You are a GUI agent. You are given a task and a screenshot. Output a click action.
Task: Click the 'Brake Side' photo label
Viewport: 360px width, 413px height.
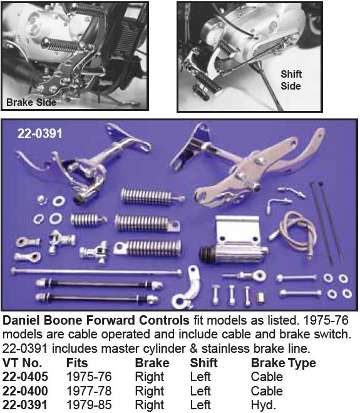[31, 102]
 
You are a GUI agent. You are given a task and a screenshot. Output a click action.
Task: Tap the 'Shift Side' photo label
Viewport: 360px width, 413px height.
[290, 80]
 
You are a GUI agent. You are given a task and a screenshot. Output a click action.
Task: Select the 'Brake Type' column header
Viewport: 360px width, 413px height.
[283, 363]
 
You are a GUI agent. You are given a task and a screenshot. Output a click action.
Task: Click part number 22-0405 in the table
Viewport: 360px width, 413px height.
[26, 377]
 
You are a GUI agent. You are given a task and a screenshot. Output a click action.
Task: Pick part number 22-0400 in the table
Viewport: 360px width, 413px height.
[26, 391]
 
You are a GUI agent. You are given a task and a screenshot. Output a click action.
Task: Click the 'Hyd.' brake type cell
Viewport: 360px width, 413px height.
[263, 405]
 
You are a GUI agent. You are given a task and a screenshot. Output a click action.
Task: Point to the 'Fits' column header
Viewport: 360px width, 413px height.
[77, 363]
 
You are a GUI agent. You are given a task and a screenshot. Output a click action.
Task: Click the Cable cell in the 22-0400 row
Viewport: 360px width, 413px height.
[267, 391]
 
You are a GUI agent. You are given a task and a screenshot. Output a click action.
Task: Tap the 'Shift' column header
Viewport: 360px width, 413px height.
[203, 363]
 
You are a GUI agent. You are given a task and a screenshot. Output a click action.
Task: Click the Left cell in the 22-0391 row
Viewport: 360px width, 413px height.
[200, 405]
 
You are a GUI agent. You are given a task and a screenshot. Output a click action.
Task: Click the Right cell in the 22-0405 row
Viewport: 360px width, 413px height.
[149, 377]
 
